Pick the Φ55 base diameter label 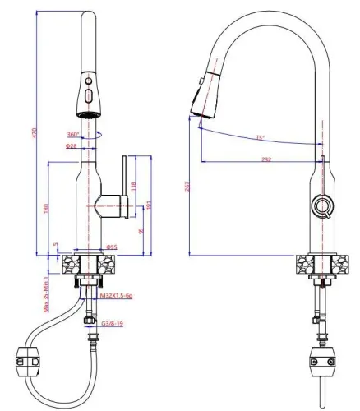pos(112,246)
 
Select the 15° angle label pos(260,137)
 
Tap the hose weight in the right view pos(321,358)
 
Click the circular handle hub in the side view pos(321,205)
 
